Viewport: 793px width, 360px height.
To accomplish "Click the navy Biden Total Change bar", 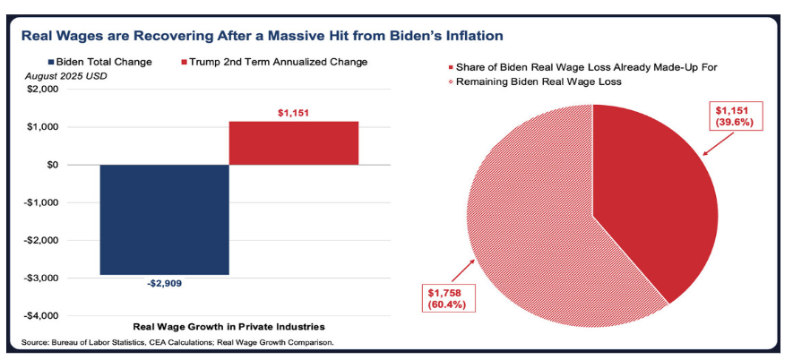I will (x=164, y=219).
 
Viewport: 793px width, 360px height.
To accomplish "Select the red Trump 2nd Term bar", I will (x=294, y=143).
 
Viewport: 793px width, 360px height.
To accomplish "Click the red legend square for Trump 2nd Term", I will (x=185, y=62).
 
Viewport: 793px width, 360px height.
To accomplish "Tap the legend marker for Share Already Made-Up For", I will (x=449, y=67).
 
